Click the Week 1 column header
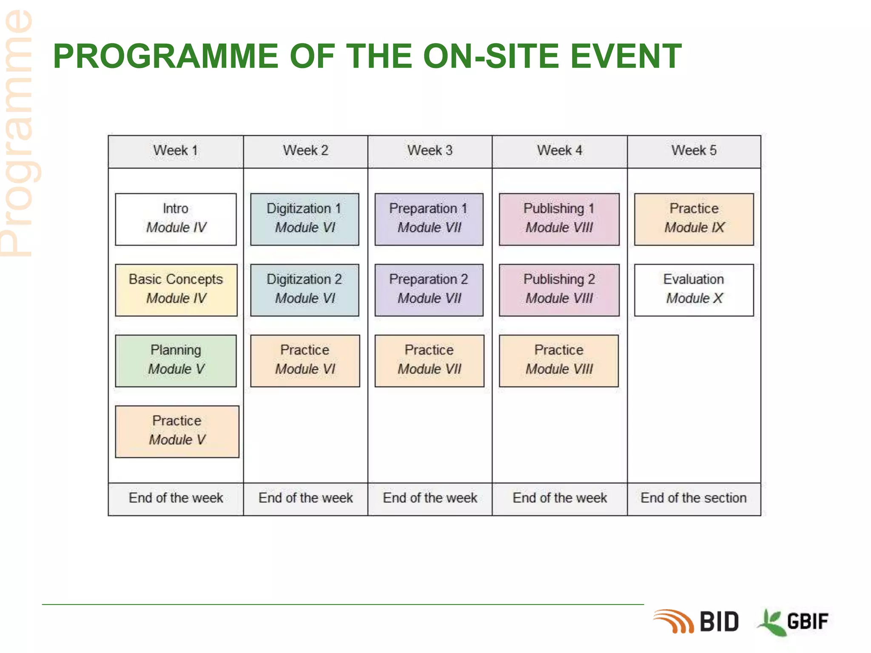(176, 151)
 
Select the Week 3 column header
(430, 151)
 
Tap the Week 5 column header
(694, 151)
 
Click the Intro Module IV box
(176, 219)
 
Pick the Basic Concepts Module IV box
(176, 290)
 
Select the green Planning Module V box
(176, 361)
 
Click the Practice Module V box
(177, 431)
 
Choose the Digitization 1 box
(305, 219)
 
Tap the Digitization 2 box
(305, 290)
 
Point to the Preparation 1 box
(429, 219)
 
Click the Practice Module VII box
(429, 361)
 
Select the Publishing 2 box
(559, 290)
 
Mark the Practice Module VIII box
(558, 361)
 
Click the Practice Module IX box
(694, 219)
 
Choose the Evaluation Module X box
(694, 290)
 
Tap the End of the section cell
(694, 498)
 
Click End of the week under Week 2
(305, 498)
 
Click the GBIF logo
(794, 622)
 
